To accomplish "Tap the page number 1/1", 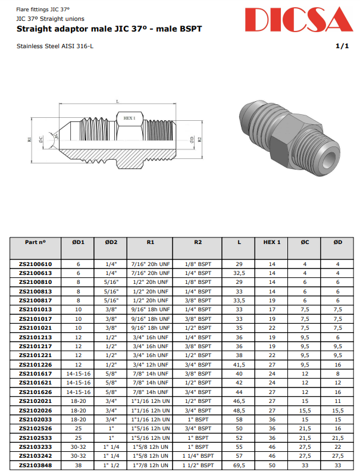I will (342, 46).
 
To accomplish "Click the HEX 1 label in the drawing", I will (129, 118).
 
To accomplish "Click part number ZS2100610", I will (35, 264).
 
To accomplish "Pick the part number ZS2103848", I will (35, 465).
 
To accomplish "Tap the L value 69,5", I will (239, 465).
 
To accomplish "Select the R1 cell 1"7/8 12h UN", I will (150, 465).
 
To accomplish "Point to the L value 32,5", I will (239, 273).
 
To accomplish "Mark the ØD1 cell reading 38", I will (78, 465).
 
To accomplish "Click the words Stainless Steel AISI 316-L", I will (55, 46).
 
